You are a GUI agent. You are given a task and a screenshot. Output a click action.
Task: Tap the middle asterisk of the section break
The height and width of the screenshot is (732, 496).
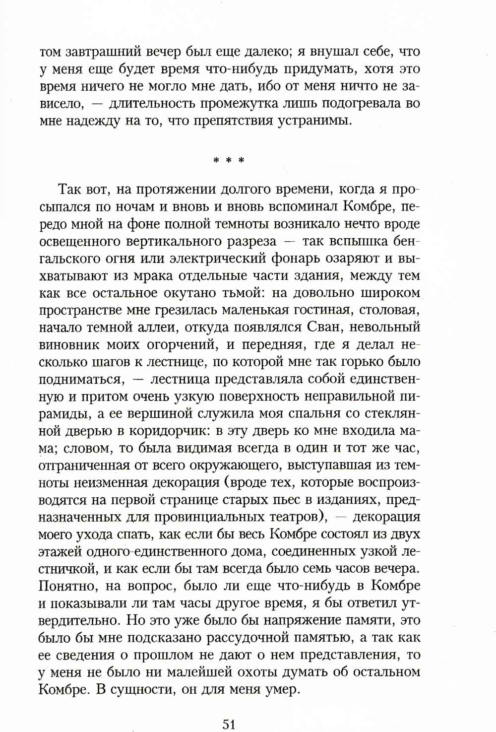(229, 161)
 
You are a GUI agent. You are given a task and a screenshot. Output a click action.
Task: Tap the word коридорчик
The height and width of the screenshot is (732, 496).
(165, 431)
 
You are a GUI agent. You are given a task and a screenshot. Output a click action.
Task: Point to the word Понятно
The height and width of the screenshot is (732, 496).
(67, 586)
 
